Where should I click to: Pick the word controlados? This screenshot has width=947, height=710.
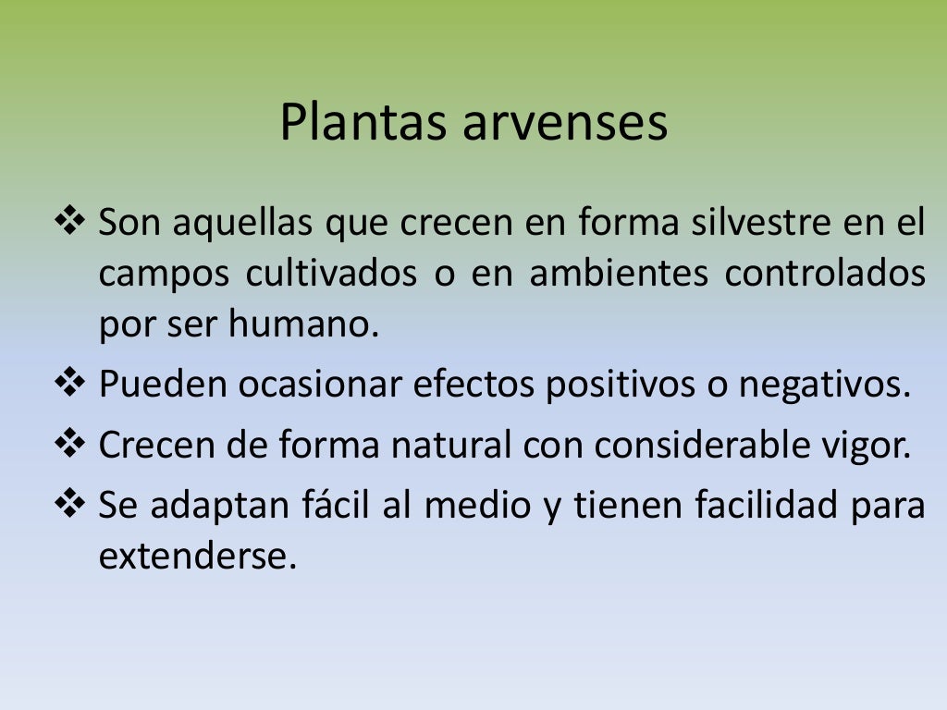click(825, 275)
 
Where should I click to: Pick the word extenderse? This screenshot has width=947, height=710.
click(198, 557)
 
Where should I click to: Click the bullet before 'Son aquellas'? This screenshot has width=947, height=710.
click(70, 223)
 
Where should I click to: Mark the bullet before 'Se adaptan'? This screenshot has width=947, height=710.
click(70, 505)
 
